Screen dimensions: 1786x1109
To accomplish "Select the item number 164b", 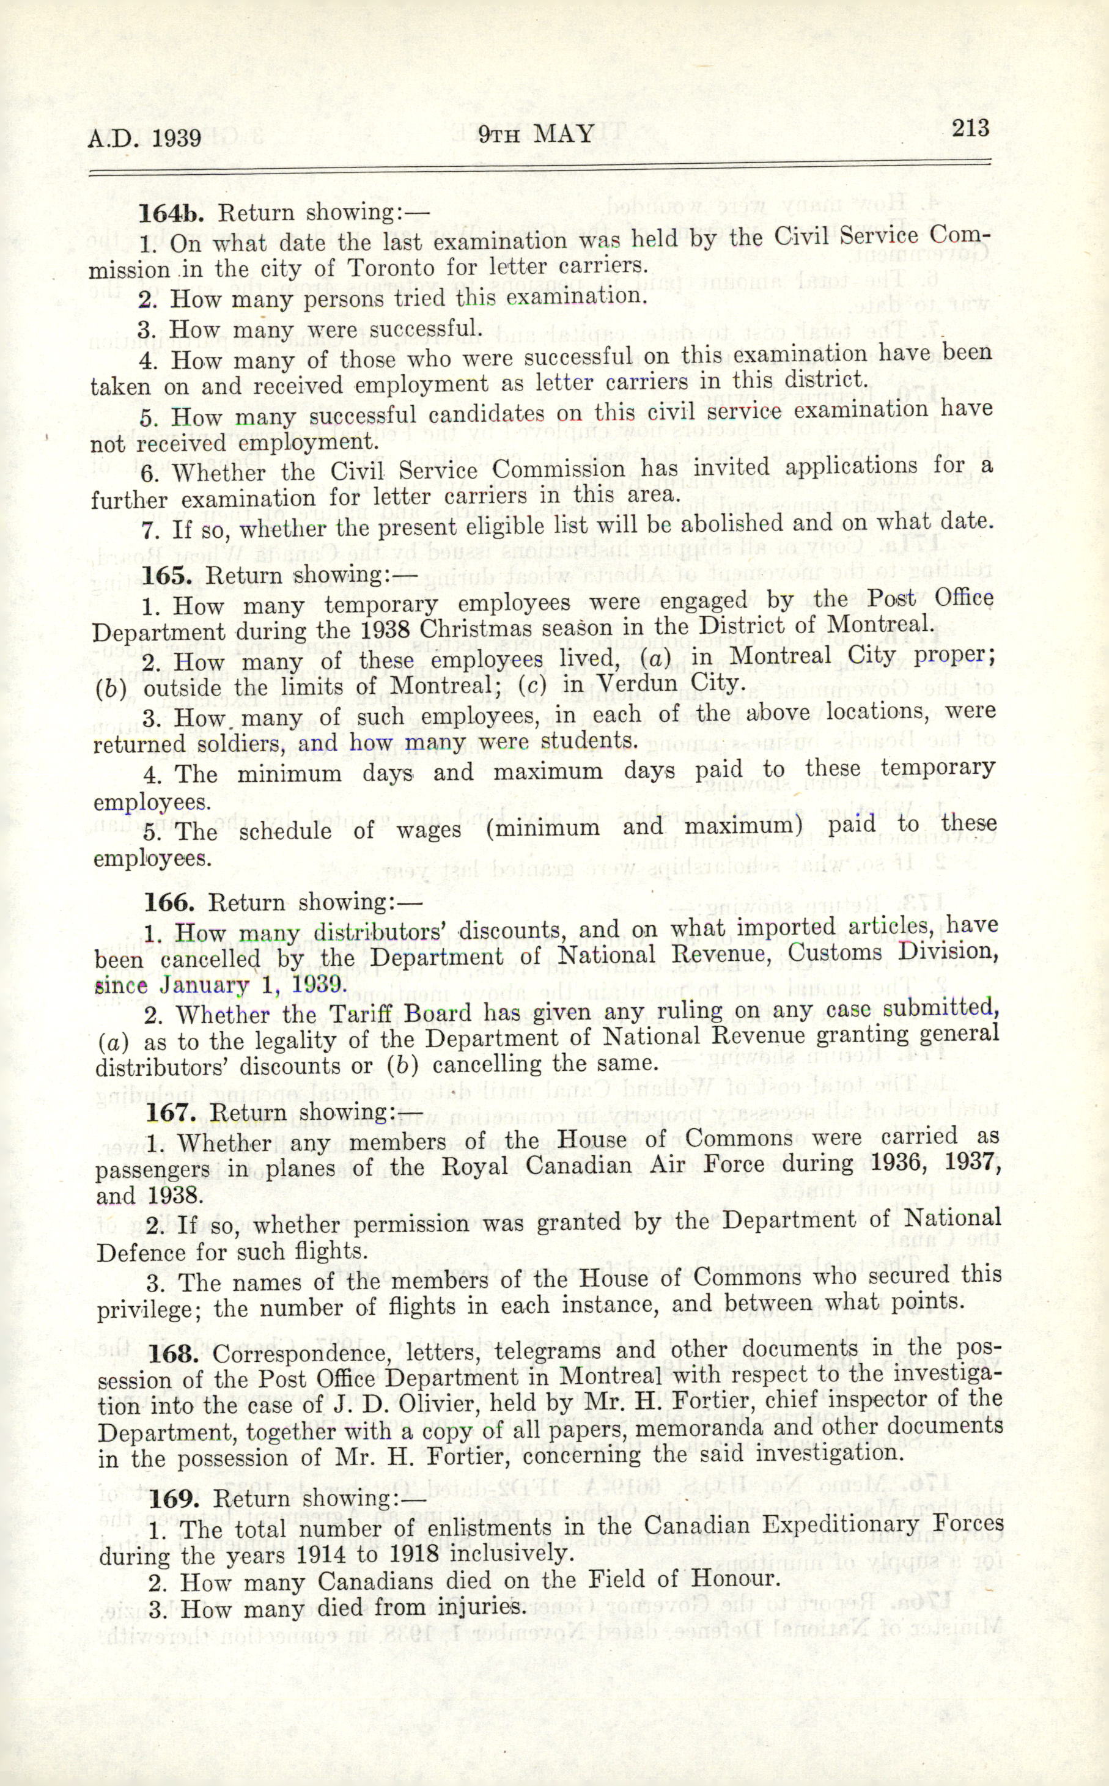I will pos(172,213).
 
